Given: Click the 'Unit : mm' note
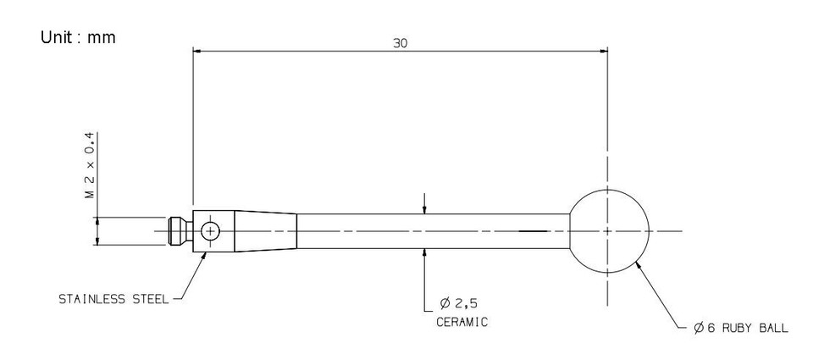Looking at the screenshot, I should click(x=78, y=38).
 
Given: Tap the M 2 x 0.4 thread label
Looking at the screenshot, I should click(x=90, y=165).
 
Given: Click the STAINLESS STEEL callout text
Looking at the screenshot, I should click(x=113, y=299).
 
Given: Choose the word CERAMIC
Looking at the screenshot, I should click(x=462, y=323).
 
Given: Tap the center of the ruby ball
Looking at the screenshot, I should click(x=608, y=230).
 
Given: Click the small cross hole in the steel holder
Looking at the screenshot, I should click(x=209, y=230).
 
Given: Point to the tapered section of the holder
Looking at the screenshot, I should click(x=265, y=230).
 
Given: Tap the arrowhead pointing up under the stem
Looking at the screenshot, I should click(x=424, y=252).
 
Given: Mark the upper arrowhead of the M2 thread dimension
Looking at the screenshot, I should click(x=98, y=219).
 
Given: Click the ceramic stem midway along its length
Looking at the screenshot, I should click(x=432, y=230).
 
